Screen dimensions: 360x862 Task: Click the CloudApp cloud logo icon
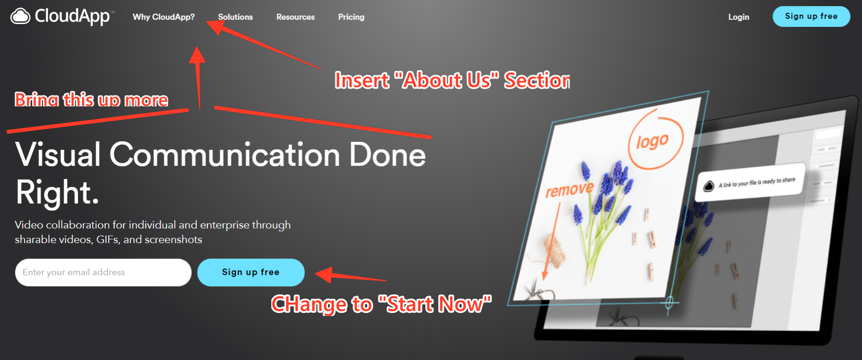pyautogui.click(x=20, y=16)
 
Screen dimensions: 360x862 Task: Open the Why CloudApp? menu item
pyautogui.click(x=163, y=17)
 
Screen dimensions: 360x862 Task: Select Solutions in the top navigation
pyautogui.click(x=235, y=17)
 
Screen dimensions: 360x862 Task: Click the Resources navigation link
pyautogui.click(x=295, y=17)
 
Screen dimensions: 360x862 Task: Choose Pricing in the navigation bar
pyautogui.click(x=351, y=17)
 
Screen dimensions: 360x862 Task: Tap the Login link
pyautogui.click(x=738, y=17)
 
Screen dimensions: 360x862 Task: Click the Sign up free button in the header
pyautogui.click(x=811, y=16)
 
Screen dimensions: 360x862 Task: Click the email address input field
pyautogui.click(x=103, y=272)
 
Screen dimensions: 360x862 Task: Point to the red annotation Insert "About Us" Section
pyautogui.click(x=452, y=81)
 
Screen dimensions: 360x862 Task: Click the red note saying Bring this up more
pyautogui.click(x=91, y=100)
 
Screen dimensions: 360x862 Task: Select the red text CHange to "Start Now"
pyautogui.click(x=381, y=304)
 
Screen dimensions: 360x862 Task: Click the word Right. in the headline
pyautogui.click(x=57, y=192)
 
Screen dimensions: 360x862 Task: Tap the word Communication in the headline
pyautogui.click(x=225, y=155)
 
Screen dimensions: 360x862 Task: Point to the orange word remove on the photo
pyautogui.click(x=569, y=189)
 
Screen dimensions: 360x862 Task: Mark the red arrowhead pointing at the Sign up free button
pyautogui.click(x=324, y=274)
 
